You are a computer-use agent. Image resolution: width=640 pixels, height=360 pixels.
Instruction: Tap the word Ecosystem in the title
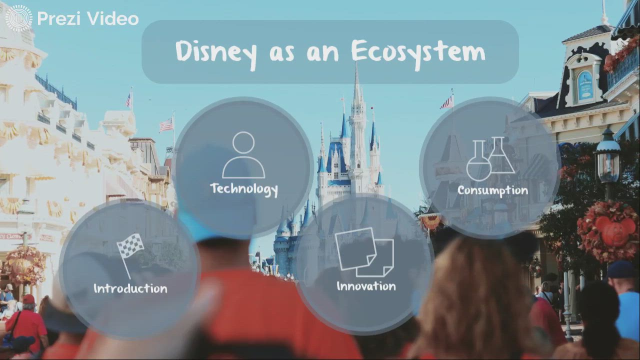pos(417,51)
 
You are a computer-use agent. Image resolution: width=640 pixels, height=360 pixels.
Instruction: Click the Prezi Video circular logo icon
pos(18,18)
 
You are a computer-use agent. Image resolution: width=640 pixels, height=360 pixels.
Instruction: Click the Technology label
pos(243,189)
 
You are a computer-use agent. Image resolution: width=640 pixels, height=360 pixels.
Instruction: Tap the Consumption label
pos(492,190)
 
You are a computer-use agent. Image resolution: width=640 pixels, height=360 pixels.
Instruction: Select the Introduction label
pos(130,288)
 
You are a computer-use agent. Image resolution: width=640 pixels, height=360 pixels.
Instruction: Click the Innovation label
pos(366,286)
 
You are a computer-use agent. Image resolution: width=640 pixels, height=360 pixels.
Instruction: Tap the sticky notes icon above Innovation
pos(365,252)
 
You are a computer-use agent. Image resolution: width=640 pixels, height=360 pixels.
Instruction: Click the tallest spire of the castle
pos(356,90)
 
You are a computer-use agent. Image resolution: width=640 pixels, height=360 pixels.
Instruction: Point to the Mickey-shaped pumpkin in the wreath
pos(610,231)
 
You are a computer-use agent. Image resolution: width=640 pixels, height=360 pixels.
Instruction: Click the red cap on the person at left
pos(28,299)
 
